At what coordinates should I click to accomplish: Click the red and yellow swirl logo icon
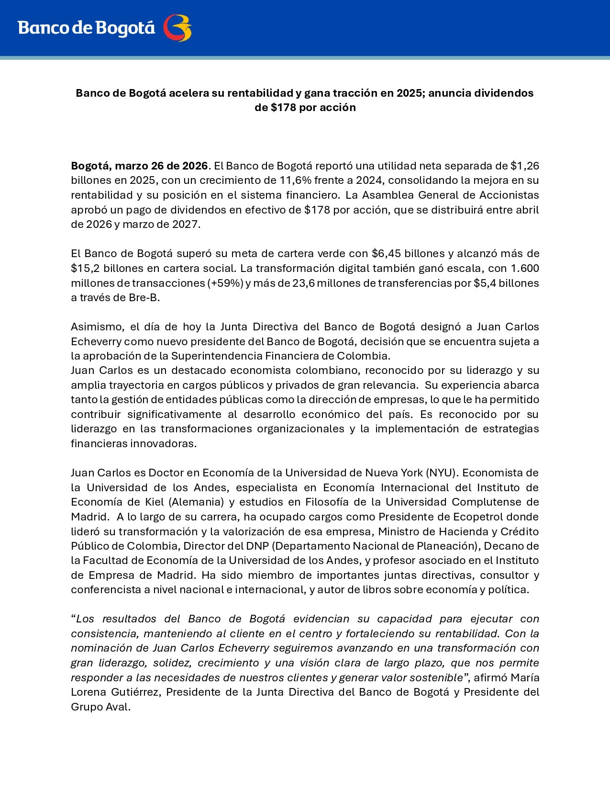point(177,28)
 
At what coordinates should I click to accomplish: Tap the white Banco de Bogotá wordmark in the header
point(87,28)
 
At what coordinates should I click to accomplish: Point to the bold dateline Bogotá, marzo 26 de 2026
point(139,166)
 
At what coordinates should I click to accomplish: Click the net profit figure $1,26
point(525,166)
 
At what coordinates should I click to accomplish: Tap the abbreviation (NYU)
point(442,473)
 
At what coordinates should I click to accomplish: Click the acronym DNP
point(257,546)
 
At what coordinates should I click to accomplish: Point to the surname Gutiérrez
point(135,692)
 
